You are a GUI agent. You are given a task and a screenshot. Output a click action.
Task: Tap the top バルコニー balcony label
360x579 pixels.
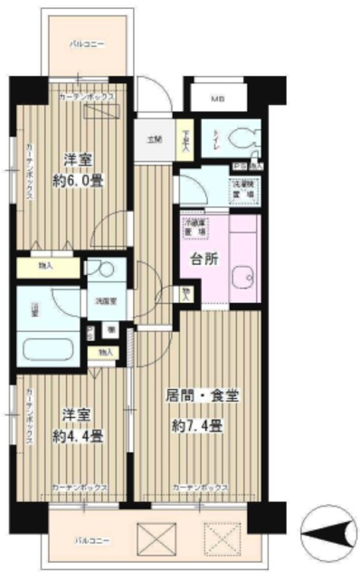click(x=90, y=43)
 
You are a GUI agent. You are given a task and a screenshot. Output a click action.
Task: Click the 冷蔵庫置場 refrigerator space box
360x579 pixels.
click(x=193, y=226)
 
